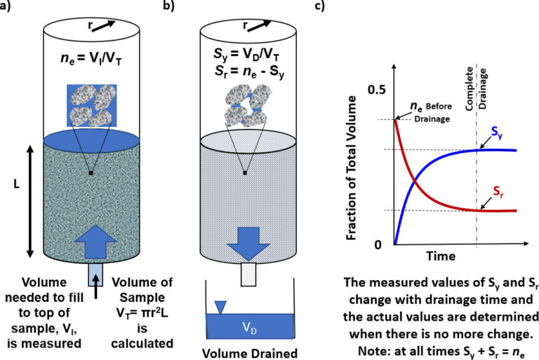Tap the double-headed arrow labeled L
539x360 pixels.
(x=29, y=201)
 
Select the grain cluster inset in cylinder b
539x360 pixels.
(x=244, y=103)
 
